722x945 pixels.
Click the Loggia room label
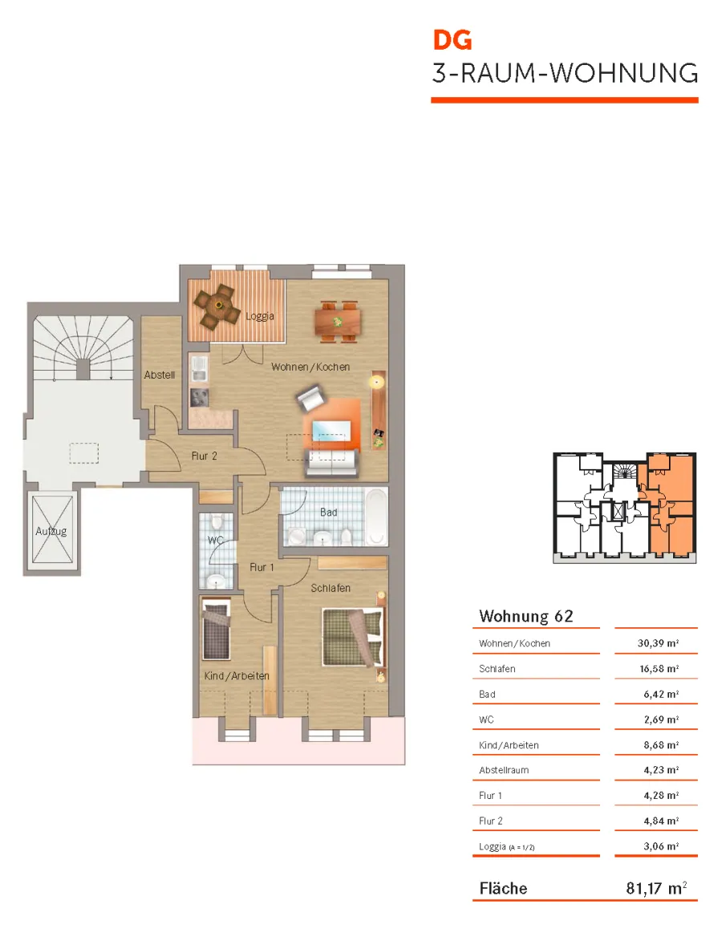click(x=260, y=316)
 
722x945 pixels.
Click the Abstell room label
click(x=159, y=375)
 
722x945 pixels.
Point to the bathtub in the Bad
click(x=377, y=517)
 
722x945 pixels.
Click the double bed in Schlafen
click(x=352, y=638)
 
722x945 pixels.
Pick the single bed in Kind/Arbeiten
click(x=217, y=630)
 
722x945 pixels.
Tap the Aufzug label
click(x=51, y=531)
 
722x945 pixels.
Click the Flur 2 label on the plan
click(x=205, y=456)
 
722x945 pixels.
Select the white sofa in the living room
click(x=331, y=463)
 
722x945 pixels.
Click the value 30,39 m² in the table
click(x=658, y=643)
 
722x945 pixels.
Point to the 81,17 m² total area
click(x=656, y=888)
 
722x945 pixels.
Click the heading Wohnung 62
click(x=526, y=616)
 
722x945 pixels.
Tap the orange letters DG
click(x=452, y=40)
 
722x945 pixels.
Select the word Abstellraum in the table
click(x=504, y=770)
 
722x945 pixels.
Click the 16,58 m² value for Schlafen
click(x=659, y=668)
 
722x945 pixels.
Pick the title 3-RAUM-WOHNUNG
click(x=566, y=73)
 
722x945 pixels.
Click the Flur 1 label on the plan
click(x=262, y=567)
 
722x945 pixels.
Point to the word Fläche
click(x=503, y=888)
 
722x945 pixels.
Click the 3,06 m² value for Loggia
click(x=661, y=846)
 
